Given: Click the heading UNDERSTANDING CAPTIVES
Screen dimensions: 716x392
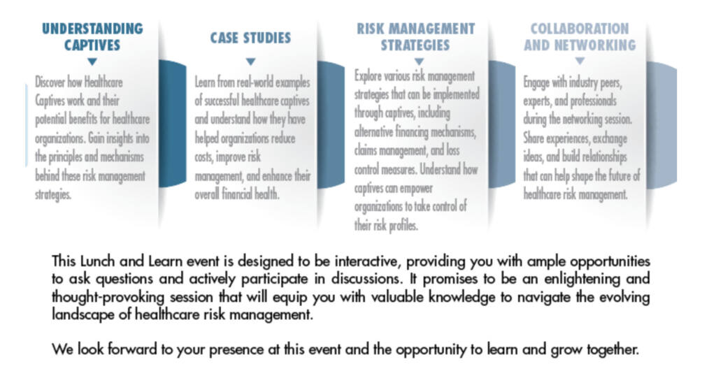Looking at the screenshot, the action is pyautogui.click(x=92, y=36).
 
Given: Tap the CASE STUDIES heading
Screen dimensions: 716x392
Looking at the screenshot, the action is pyautogui.click(x=250, y=38).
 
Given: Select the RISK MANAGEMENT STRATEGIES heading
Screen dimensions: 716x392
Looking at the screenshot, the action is pyautogui.click(x=415, y=36).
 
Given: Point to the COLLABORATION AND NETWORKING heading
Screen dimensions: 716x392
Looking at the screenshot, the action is pyautogui.click(x=580, y=36).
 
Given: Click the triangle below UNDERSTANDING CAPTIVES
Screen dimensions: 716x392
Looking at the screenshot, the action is pyautogui.click(x=92, y=61).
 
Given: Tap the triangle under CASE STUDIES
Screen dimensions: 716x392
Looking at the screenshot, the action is pyautogui.click(x=250, y=61).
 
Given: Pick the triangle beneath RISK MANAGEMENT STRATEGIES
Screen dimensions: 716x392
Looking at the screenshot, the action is pyautogui.click(x=419, y=61).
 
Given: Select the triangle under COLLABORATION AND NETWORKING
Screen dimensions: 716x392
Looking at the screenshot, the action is pyautogui.click(x=580, y=61).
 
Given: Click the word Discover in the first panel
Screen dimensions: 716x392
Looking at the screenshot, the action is pyautogui.click(x=50, y=82).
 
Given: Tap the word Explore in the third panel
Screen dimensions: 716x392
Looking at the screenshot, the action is pyautogui.click(x=368, y=75).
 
